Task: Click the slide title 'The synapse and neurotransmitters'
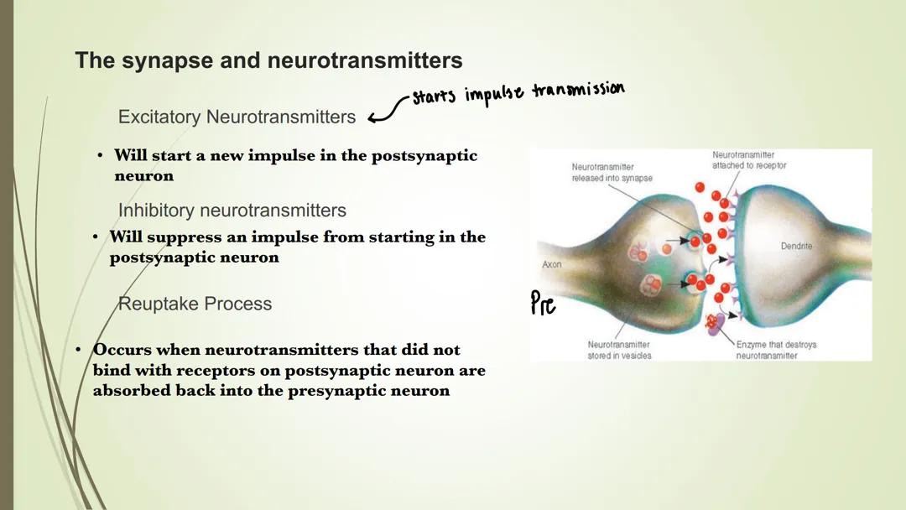click(268, 61)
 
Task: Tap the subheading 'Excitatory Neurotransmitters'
click(237, 117)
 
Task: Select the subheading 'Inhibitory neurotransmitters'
click(232, 210)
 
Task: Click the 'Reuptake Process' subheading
click(195, 304)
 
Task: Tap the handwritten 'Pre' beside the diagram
click(544, 303)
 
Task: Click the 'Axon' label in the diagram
click(551, 264)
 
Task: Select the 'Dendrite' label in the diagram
click(796, 247)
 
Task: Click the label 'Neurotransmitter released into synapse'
click(612, 173)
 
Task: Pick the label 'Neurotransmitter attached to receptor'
click(749, 160)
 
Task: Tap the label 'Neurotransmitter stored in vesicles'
click(619, 350)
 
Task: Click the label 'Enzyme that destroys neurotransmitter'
click(776, 350)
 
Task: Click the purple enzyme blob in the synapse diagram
click(715, 325)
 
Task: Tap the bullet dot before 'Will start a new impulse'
click(100, 156)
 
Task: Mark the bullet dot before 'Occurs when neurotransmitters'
click(77, 349)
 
